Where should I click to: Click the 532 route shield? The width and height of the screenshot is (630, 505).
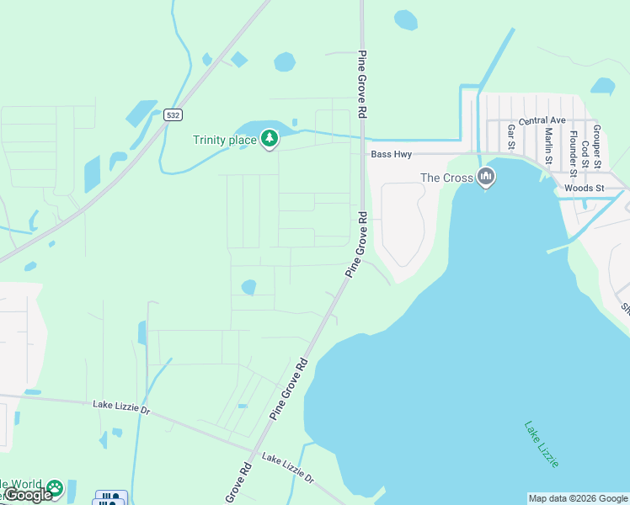(173, 114)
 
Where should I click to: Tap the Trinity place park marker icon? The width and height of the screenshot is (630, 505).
(269, 138)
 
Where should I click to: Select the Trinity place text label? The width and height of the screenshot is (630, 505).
(225, 140)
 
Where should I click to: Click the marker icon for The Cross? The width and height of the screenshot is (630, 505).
(485, 177)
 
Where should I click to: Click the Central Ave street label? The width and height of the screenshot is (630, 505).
(542, 121)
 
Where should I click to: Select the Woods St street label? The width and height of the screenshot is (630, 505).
(585, 188)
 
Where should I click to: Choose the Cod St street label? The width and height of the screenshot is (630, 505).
(585, 149)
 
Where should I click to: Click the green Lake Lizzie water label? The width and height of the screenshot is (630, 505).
(541, 444)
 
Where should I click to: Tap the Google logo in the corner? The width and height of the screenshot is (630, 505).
(29, 495)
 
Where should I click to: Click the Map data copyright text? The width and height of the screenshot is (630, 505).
(579, 498)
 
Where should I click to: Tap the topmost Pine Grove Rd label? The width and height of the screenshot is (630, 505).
(363, 84)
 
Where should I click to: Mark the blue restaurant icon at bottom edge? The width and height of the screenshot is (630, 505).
(111, 497)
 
